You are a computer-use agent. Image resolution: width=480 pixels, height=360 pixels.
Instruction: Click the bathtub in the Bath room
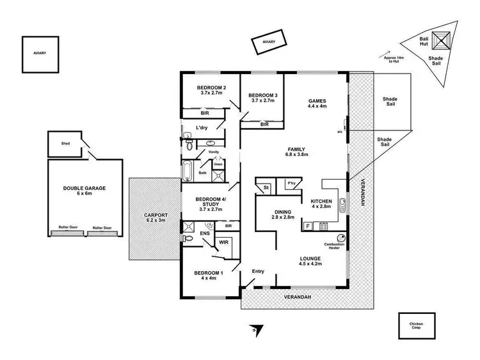[x=188, y=172]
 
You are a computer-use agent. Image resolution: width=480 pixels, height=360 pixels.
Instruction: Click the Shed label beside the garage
[x=65, y=144]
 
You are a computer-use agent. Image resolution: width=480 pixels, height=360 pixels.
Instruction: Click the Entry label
[x=257, y=272]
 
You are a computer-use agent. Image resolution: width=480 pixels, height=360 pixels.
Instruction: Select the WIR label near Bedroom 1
[x=224, y=243]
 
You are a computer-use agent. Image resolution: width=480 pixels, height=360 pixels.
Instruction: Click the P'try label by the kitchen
[x=292, y=185]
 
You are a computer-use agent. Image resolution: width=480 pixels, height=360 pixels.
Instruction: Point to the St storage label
[x=266, y=187]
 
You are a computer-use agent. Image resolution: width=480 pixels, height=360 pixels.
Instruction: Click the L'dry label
[x=202, y=129]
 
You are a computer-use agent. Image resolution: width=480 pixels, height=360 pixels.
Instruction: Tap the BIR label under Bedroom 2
[x=204, y=113]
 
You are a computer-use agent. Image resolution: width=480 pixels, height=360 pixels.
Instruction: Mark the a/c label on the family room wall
[x=340, y=132]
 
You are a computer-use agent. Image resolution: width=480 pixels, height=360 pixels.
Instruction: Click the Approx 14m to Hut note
[x=392, y=59]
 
